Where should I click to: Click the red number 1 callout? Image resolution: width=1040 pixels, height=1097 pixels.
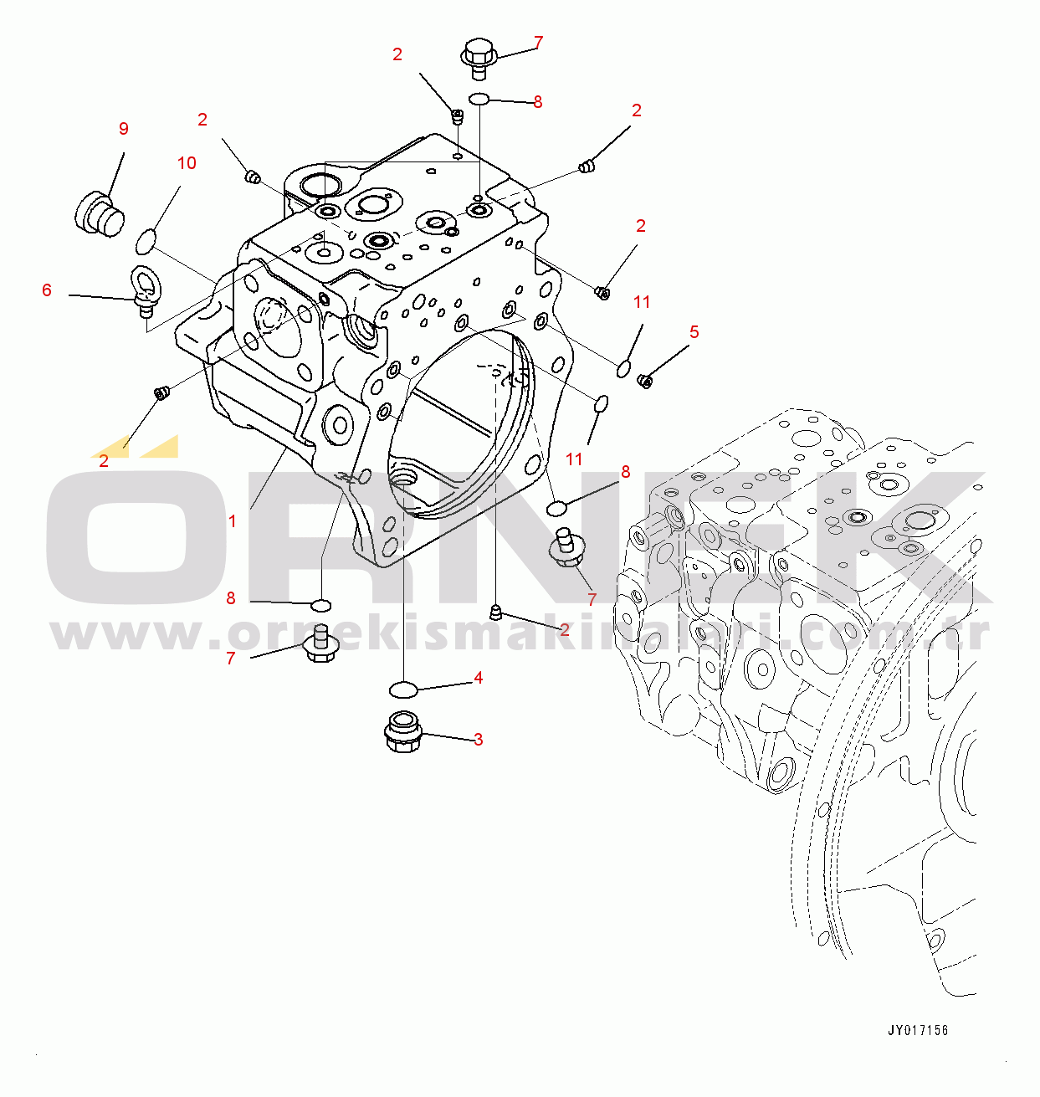(233, 521)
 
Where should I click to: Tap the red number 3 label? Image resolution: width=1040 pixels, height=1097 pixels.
(478, 740)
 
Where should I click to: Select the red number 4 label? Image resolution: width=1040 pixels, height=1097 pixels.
(478, 678)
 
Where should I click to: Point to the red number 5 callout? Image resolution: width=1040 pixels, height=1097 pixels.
(694, 332)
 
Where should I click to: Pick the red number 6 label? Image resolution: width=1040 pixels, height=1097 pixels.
(47, 290)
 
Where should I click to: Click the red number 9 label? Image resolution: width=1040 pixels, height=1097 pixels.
(124, 129)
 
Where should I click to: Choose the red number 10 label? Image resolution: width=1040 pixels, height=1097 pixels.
(187, 163)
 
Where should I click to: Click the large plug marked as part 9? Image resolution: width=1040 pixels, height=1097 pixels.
(100, 212)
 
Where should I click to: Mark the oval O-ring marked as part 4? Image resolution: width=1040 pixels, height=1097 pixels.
(402, 689)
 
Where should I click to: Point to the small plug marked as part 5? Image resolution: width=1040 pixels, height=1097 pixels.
(644, 382)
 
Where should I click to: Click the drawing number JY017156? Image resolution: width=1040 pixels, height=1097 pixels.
(918, 1031)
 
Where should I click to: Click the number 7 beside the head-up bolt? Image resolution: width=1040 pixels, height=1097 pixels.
(538, 43)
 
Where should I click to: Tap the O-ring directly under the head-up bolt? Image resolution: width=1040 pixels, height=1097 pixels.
(479, 100)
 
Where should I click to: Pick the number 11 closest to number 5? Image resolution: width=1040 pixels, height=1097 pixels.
(642, 302)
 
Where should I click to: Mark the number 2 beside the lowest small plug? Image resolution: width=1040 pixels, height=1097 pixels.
(565, 630)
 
